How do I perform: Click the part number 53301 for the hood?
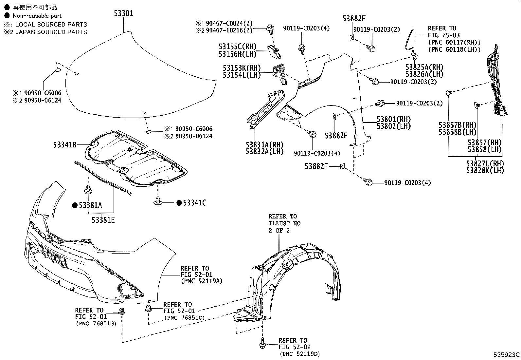(123, 13)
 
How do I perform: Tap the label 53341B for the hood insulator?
(65, 144)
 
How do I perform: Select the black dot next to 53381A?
(75, 205)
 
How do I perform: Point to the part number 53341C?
(194, 203)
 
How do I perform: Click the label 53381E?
(103, 220)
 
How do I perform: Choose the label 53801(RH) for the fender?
(394, 119)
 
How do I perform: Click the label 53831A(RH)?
(265, 145)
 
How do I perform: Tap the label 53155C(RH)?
(238, 47)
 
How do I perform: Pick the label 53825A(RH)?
(424, 67)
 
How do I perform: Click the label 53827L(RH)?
(485, 163)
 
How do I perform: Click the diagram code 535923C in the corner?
(507, 355)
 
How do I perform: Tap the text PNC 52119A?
(201, 281)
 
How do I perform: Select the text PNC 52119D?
(299, 354)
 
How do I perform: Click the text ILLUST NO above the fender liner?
(284, 223)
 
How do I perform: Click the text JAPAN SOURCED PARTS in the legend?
(51, 32)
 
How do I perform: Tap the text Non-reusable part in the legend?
(37, 16)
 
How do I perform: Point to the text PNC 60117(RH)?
(454, 42)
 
